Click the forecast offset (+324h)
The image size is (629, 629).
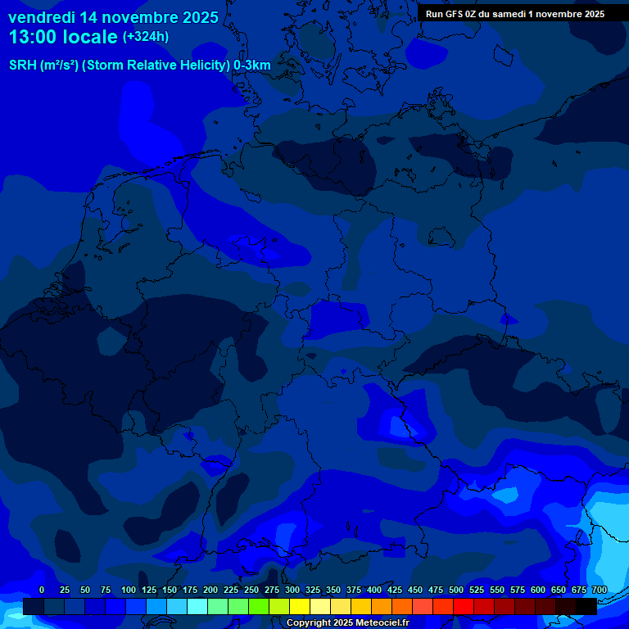[146, 37]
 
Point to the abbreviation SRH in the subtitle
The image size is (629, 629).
[22, 65]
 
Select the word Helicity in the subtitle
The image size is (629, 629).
[201, 65]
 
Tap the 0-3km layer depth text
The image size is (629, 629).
[252, 65]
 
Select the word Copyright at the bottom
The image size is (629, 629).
[308, 623]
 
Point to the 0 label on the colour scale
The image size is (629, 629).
[42, 590]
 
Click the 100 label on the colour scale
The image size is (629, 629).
[129, 590]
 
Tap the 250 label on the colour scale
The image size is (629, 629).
[251, 590]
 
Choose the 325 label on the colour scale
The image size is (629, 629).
[313, 590]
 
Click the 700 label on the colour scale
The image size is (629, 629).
[599, 590]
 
